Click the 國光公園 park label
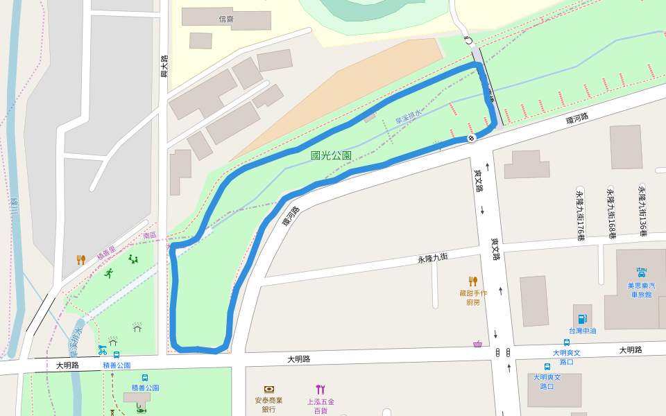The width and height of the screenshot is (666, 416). click(331, 156)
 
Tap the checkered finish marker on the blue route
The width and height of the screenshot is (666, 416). click(472, 138)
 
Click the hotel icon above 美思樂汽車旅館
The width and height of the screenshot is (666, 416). click(642, 272)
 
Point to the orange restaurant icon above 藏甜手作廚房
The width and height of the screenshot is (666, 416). click(473, 281)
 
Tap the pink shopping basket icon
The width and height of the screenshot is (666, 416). click(477, 344)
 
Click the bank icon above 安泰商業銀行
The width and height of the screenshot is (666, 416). click(268, 390)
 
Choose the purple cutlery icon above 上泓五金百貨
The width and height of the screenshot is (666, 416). click(320, 390)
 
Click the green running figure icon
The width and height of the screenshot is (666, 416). click(108, 273)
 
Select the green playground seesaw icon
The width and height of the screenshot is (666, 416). click(133, 259)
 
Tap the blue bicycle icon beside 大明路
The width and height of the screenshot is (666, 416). click(103, 350)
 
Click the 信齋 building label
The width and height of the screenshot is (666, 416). click(226, 19)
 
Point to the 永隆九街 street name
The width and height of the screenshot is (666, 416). click(432, 258)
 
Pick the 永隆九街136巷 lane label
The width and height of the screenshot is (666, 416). click(642, 211)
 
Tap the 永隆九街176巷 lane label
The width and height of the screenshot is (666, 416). click(580, 215)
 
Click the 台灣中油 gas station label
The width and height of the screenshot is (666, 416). click(582, 331)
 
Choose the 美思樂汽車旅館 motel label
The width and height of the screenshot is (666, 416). click(642, 290)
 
